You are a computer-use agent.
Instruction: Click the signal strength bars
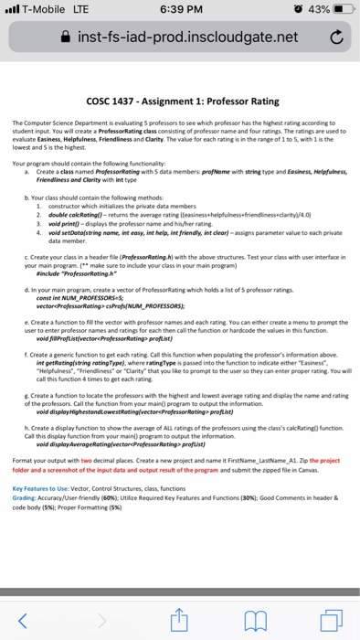pyautogui.click(x=14, y=10)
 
